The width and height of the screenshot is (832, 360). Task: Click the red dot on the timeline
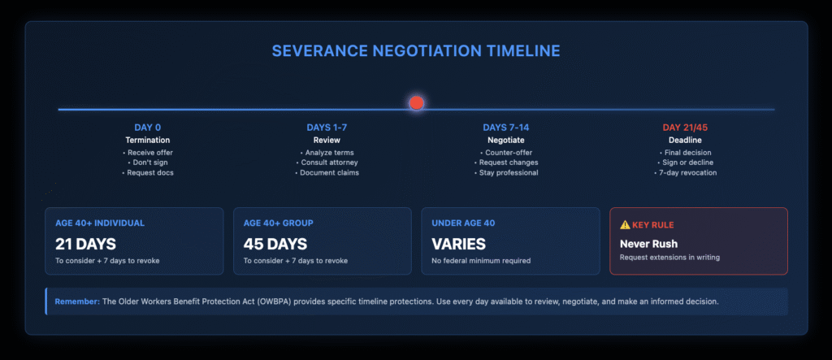416,103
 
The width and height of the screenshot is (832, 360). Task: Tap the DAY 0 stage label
148,128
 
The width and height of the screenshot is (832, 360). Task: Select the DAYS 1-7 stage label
327,128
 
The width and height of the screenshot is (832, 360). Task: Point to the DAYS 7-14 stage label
505,128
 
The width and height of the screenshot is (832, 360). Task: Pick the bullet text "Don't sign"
149,163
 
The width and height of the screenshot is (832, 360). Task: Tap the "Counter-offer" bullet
508,152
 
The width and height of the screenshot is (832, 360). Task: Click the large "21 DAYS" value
85,243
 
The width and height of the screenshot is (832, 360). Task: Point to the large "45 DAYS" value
274,243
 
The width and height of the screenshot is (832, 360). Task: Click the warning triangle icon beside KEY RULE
625,224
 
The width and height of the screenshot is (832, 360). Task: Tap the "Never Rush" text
649,243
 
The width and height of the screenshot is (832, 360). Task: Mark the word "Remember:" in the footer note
76,301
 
